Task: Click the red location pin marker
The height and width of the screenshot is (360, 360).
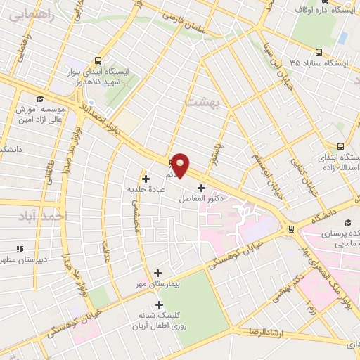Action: click(181, 165)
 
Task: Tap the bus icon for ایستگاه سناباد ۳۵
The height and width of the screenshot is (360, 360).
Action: click(320, 51)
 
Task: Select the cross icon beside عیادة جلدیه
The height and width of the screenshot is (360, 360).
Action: click(146, 178)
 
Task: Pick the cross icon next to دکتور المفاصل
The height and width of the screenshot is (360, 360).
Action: click(202, 188)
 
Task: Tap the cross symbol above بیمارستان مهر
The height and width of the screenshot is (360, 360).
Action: click(157, 273)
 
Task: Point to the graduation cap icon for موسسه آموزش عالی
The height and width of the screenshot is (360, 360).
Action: click(40, 98)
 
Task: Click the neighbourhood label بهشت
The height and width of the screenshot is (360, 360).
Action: click(202, 102)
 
